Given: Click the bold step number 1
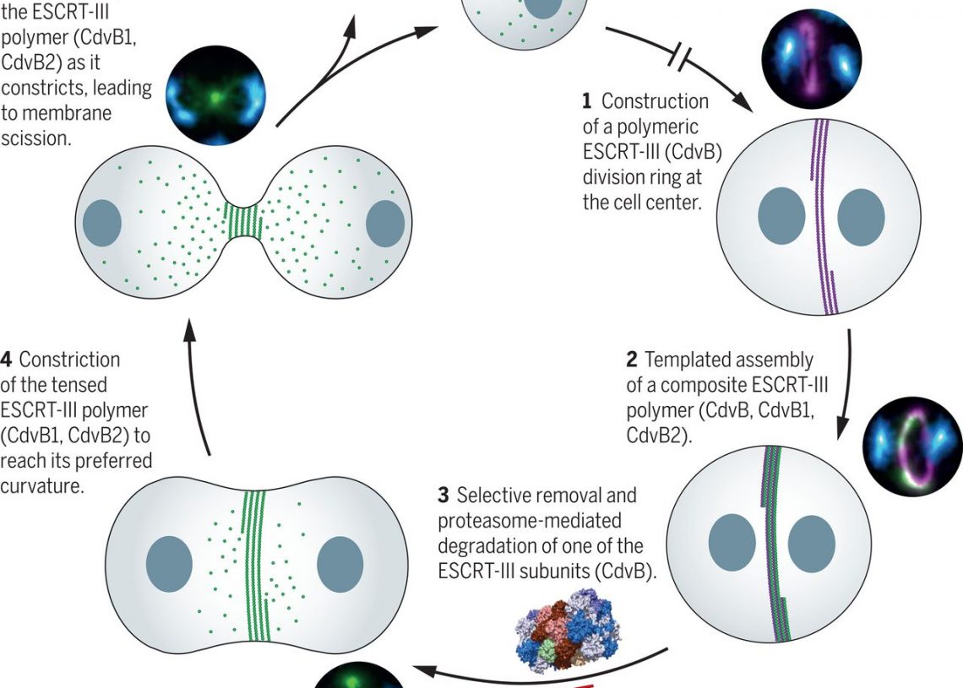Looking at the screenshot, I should click(x=587, y=102).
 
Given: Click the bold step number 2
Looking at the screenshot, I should click(x=631, y=360).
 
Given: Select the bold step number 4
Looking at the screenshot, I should click(x=7, y=360).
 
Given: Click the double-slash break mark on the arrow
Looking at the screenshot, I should click(x=681, y=56).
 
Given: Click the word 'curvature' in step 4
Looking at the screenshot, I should click(x=42, y=487).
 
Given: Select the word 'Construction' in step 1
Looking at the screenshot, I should click(x=655, y=102).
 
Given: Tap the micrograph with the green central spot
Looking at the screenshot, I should click(x=215, y=95).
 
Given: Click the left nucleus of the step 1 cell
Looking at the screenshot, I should click(x=781, y=215).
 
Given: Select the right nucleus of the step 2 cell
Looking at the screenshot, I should click(x=812, y=539).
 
